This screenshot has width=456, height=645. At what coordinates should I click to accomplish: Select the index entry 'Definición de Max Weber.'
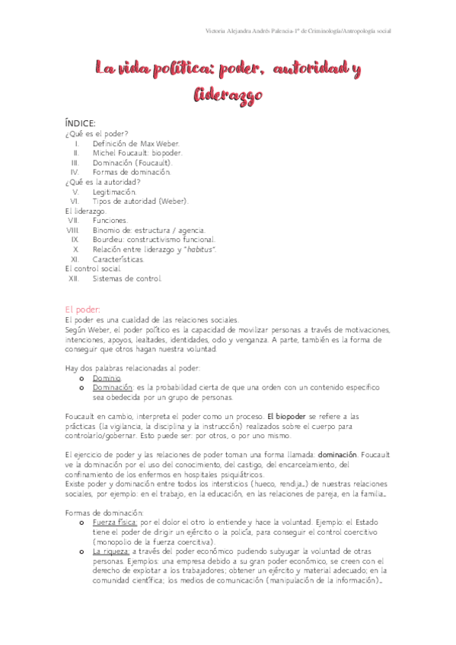pos(136,143)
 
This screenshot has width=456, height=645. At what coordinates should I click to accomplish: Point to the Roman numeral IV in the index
pos(75,172)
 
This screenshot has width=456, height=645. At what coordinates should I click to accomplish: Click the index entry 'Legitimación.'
pos(114,192)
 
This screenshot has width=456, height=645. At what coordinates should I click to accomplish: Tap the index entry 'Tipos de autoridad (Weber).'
pos(139,201)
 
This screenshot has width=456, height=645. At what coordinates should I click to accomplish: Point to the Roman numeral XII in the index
pos(74,278)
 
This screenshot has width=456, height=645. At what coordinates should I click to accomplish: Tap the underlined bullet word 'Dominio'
pos(107,378)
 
